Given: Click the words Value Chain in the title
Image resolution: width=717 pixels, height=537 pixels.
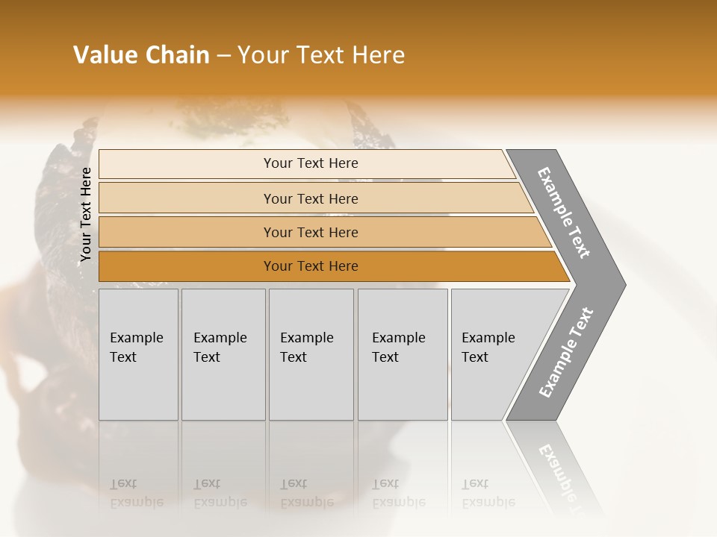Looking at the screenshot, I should (x=141, y=55).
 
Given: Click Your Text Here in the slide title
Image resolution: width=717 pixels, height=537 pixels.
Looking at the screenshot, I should (x=321, y=55).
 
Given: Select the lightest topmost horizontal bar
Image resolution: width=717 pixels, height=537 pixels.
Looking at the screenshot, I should (x=310, y=163).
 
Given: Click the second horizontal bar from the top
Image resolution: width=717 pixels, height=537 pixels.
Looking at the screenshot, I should (x=310, y=198).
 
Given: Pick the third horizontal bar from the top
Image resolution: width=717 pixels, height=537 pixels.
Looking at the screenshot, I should (x=310, y=232).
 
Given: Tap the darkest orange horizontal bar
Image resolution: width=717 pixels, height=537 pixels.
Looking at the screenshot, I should (x=310, y=266).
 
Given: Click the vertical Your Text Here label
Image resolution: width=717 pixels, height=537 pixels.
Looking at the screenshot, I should (x=86, y=215).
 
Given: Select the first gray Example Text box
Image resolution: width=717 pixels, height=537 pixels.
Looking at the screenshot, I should (x=138, y=354).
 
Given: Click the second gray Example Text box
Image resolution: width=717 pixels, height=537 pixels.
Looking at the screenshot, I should (x=223, y=354).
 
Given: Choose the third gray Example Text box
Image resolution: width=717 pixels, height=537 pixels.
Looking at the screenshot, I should (x=311, y=354).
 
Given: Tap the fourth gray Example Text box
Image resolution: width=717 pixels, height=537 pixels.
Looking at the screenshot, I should (x=402, y=354).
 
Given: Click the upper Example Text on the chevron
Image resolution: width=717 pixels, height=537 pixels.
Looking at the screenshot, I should (x=565, y=213).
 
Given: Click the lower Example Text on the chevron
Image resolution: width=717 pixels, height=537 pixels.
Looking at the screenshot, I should (x=566, y=352).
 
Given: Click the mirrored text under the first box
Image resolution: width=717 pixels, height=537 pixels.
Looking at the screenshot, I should (x=136, y=494).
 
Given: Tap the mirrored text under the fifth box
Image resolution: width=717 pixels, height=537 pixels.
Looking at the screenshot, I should (x=488, y=494).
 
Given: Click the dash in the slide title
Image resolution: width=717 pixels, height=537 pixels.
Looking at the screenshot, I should (x=223, y=56).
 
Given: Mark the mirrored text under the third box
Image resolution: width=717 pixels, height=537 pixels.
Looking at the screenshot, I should (x=306, y=494).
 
